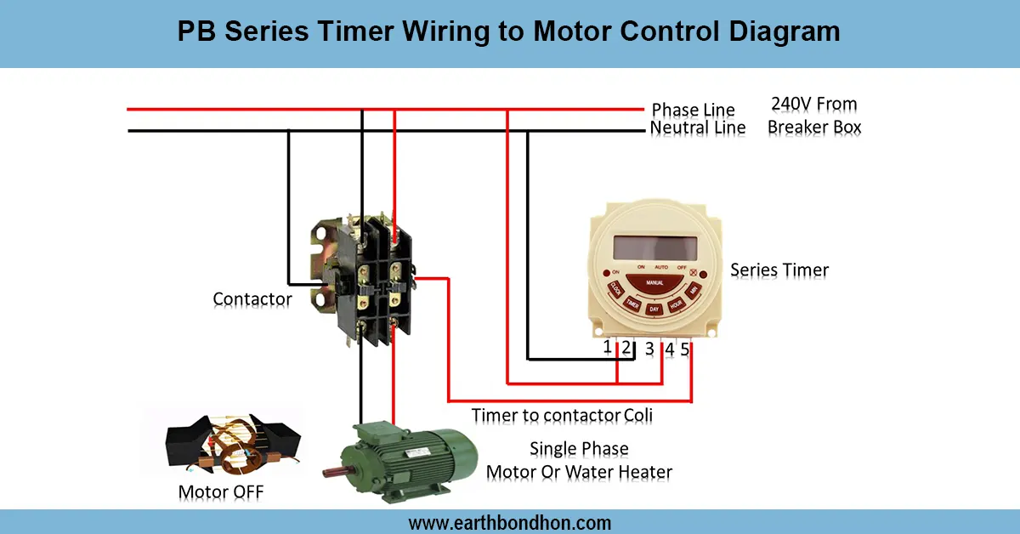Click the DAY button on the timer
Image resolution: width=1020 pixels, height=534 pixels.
(654, 310)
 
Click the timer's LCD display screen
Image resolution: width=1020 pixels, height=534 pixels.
(655, 247)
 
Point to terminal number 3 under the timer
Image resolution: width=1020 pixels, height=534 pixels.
(649, 349)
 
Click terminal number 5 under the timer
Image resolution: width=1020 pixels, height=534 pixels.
(685, 349)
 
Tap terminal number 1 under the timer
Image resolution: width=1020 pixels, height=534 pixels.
(608, 347)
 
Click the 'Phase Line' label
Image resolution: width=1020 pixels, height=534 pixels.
(693, 111)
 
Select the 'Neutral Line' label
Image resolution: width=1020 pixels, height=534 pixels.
(698, 128)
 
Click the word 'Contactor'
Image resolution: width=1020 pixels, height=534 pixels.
(252, 299)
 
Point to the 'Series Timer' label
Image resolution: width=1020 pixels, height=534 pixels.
(779, 270)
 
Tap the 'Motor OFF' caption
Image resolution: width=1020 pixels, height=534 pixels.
(227, 492)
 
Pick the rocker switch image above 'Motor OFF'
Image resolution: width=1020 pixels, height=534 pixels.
(230, 446)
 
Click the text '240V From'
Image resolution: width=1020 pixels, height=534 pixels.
(813, 105)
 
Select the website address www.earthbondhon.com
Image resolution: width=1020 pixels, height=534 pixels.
(510, 522)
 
